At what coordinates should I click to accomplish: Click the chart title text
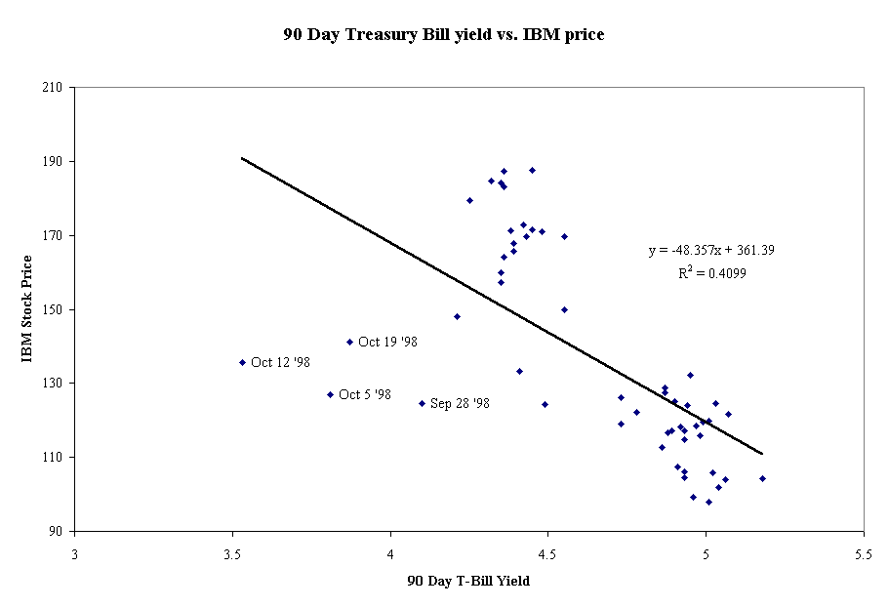click(444, 35)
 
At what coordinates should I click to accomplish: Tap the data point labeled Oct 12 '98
click(242, 362)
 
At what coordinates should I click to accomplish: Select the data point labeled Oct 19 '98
click(349, 342)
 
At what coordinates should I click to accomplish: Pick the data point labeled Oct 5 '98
click(330, 394)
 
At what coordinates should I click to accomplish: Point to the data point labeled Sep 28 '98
click(422, 403)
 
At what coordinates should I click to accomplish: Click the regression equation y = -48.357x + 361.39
click(711, 251)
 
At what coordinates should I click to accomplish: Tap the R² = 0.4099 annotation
click(712, 274)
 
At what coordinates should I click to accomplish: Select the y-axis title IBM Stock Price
click(28, 308)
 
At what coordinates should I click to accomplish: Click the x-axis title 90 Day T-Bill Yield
click(468, 582)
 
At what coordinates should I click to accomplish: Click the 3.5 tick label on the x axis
click(232, 550)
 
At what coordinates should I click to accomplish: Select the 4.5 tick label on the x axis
click(547, 550)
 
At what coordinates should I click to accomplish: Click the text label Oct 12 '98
click(280, 362)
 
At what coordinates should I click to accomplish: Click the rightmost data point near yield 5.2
click(762, 478)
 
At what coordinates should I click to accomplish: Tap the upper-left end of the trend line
click(242, 157)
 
